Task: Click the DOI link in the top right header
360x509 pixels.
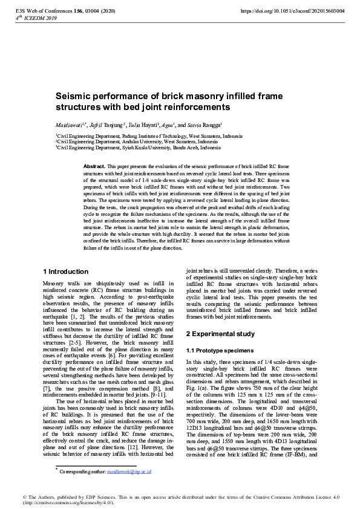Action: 293,11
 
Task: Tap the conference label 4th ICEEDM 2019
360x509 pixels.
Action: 32,18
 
